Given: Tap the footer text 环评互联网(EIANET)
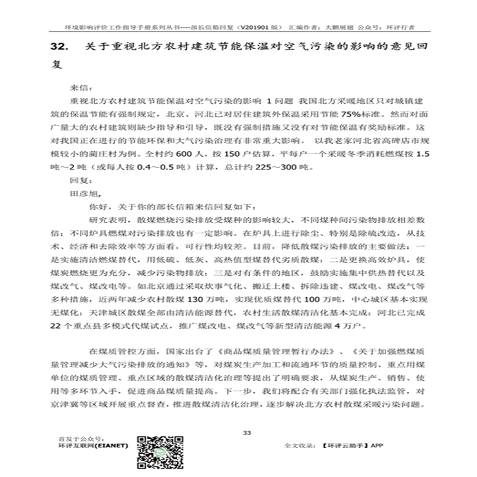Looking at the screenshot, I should [x=93, y=445].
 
